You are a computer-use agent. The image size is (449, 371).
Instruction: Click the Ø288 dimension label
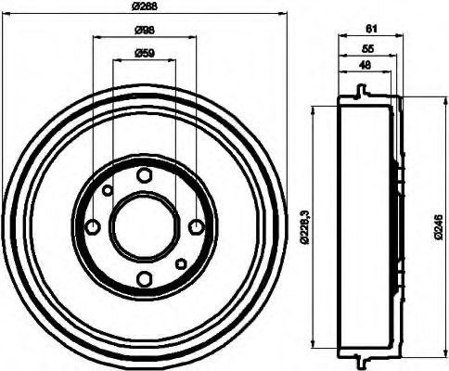pyautogui.click(x=145, y=7)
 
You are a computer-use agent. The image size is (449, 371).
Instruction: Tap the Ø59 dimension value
pyautogui.click(x=144, y=52)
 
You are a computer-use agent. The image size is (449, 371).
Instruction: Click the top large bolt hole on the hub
pyautogui.click(x=144, y=175)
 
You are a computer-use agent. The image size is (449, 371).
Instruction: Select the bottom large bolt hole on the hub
pyautogui.click(x=144, y=279)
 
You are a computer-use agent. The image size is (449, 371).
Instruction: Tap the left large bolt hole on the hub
pyautogui.click(x=92, y=227)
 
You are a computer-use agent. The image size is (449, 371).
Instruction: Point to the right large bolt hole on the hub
pyautogui.click(x=196, y=227)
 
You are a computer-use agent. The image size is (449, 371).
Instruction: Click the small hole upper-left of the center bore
pyautogui.click(x=108, y=191)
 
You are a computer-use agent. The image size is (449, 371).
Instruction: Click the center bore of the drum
pyautogui.click(x=144, y=227)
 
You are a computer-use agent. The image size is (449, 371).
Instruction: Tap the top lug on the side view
pyautogui.click(x=360, y=92)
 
